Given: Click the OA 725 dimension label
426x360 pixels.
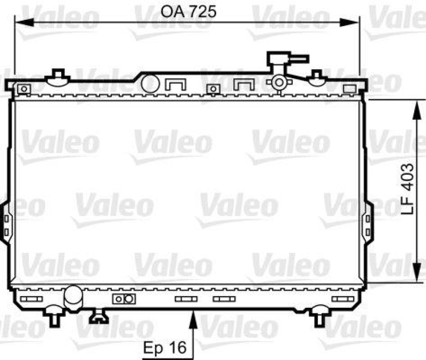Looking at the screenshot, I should [190, 12].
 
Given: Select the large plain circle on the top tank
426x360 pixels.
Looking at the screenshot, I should [151, 84].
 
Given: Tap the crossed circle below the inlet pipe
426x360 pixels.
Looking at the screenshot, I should [279, 83].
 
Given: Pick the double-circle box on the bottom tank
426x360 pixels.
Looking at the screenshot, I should [122, 299].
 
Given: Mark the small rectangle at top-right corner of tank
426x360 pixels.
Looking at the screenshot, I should [350, 88].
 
